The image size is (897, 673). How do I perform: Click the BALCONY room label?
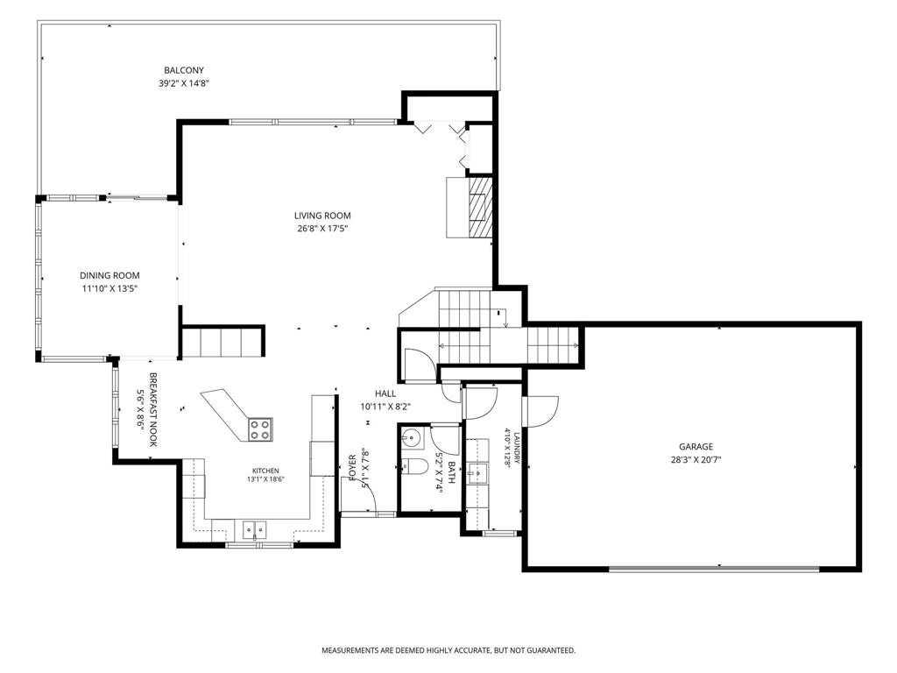(184, 70)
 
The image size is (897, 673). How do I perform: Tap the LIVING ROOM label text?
(322, 216)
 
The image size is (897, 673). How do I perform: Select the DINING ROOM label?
(109, 276)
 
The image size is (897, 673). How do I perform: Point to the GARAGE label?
(696, 447)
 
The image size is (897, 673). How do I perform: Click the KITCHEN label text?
(265, 471)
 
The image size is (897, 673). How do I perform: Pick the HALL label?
(385, 393)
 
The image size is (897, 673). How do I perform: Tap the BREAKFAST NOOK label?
(153, 410)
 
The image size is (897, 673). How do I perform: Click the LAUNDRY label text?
(516, 448)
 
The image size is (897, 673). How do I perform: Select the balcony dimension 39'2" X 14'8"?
(184, 83)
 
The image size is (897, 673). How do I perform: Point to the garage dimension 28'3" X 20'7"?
(696, 459)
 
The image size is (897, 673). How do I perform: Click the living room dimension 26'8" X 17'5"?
(322, 229)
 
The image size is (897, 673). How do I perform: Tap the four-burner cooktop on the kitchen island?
(260, 429)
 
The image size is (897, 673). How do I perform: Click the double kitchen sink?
(254, 529)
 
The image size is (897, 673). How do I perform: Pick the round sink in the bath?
(410, 438)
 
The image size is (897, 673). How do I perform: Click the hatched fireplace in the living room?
(479, 207)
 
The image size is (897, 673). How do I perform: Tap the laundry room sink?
(477, 473)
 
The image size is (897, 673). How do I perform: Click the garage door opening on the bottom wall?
(714, 569)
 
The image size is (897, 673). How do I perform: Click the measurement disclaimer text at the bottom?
(448, 650)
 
